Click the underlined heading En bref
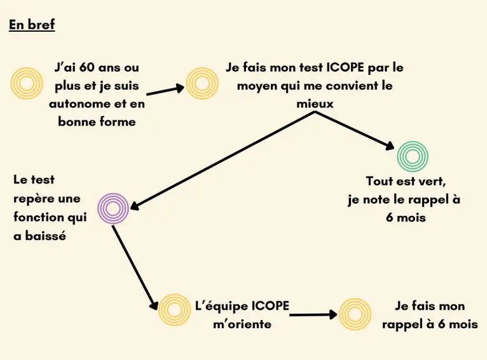click(x=32, y=26)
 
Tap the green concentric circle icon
click(x=413, y=156)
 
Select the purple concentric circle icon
click(x=113, y=208)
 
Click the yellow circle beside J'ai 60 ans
click(x=27, y=83)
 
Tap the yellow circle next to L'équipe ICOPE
click(x=174, y=309)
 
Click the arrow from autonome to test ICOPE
click(x=165, y=90)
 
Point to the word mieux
click(x=315, y=104)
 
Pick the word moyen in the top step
click(x=257, y=85)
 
